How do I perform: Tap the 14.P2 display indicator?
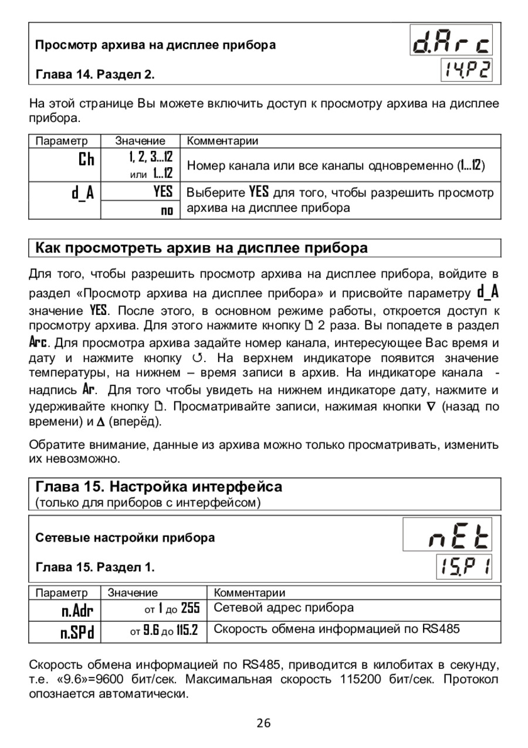pyautogui.click(x=466, y=70)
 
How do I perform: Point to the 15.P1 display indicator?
pyautogui.click(x=464, y=567)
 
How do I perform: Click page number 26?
pyautogui.click(x=263, y=723)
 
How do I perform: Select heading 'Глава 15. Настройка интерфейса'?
pyautogui.click(x=159, y=486)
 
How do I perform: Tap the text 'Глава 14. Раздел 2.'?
pyautogui.click(x=96, y=75)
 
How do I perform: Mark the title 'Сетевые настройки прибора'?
pyautogui.click(x=125, y=537)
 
